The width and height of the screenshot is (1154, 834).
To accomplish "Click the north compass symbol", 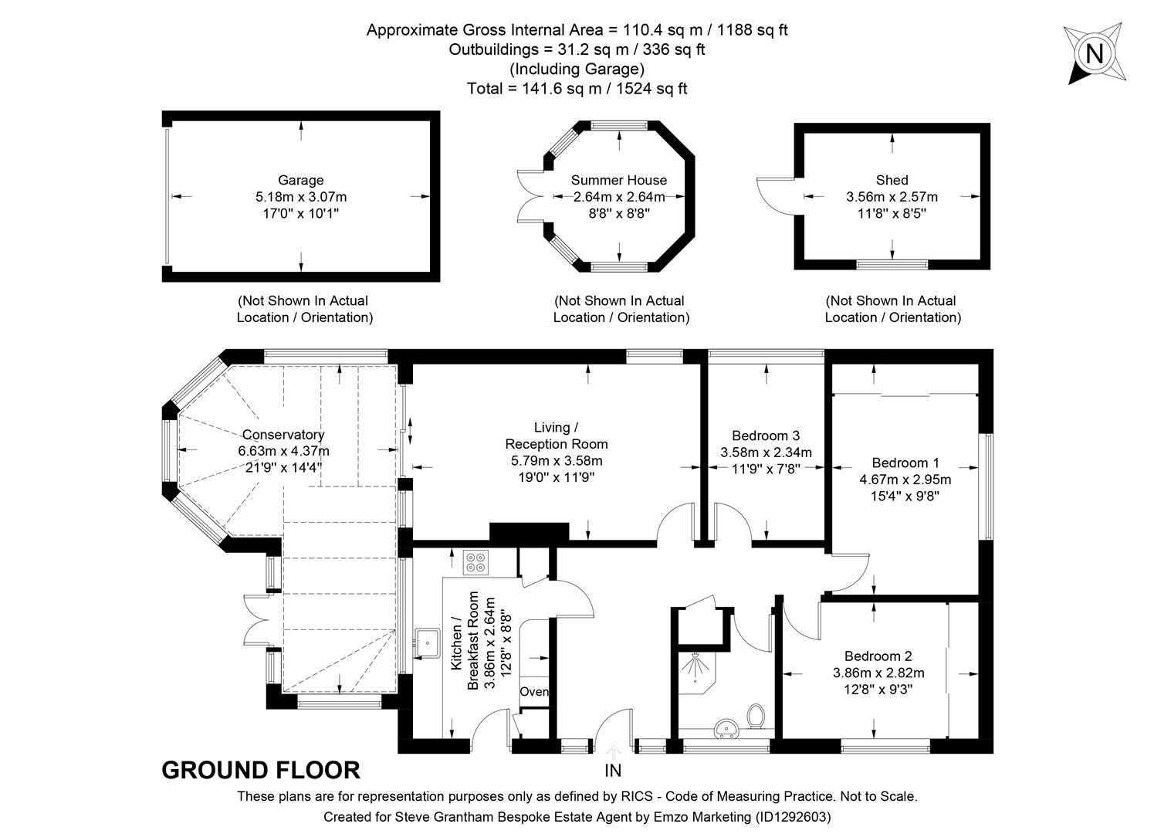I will pos(1094,53).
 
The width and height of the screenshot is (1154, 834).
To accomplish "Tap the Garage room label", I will pos(300,181).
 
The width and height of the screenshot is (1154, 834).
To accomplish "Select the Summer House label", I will pos(618,181).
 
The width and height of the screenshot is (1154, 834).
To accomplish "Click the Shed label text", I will pos(892,181).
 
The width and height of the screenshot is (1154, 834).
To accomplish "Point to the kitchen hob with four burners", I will pos(475,562).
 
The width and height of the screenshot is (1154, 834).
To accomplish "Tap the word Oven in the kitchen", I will pos(533,692).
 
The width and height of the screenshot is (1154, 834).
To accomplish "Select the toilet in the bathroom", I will pos(756,716).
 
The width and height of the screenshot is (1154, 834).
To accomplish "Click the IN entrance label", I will pos(613,771).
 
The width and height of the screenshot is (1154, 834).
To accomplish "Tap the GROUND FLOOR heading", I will pos(260,771).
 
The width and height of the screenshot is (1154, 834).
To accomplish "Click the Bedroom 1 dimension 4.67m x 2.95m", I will pos(905,480).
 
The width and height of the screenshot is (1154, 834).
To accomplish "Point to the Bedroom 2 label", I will pos(878,656).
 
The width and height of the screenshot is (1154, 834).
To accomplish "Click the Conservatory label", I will pos(283,436).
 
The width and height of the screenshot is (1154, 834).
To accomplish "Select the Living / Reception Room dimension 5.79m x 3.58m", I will pos(556,461).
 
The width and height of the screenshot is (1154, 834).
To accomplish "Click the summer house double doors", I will pos(531,196).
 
